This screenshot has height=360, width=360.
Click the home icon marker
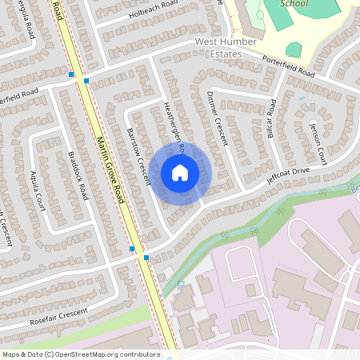click(180, 173)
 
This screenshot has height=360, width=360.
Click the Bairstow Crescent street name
click(139, 156)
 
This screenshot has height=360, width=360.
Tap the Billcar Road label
click(272, 118)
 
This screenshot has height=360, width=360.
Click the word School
click(294, 3)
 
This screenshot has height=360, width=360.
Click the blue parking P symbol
click(180, 284)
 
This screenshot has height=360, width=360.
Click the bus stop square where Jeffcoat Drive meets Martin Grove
click(146, 258)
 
